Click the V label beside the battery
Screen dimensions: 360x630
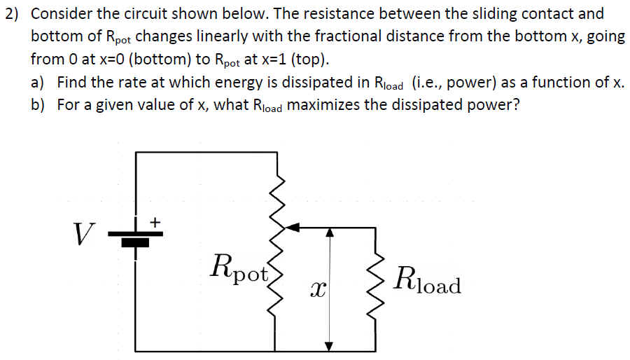coord(83,233)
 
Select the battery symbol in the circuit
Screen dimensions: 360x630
coord(136,237)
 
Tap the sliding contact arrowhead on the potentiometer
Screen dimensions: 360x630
coord(294,227)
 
